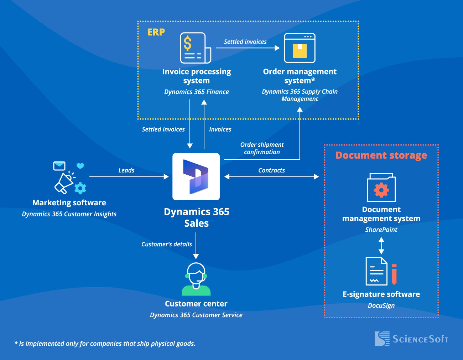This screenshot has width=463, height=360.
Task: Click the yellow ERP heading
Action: [x=156, y=32]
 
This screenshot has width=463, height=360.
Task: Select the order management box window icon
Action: [x=300, y=48]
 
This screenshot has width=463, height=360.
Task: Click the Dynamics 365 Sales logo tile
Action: [x=196, y=177]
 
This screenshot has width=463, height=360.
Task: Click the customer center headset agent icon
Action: [x=196, y=279]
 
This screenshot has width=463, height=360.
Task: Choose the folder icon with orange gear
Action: [x=381, y=188]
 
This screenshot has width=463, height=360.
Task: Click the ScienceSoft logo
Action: [x=411, y=339]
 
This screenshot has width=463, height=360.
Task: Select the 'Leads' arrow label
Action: [x=126, y=170]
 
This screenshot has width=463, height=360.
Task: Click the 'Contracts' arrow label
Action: [x=271, y=170]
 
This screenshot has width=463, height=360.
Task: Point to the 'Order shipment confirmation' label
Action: [x=262, y=148]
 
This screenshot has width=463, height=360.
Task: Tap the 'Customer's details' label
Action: [x=166, y=244]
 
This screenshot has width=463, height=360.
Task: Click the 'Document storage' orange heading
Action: [x=381, y=155]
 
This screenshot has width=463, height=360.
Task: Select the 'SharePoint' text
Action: [x=381, y=230]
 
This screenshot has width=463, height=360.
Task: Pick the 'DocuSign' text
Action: [x=381, y=305]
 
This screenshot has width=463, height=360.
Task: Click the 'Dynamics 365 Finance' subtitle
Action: [x=196, y=92]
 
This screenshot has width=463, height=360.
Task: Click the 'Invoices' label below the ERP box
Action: [x=220, y=129]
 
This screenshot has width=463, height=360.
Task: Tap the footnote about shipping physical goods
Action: [x=105, y=344]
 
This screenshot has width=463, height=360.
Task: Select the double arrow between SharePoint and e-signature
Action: [x=381, y=246]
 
